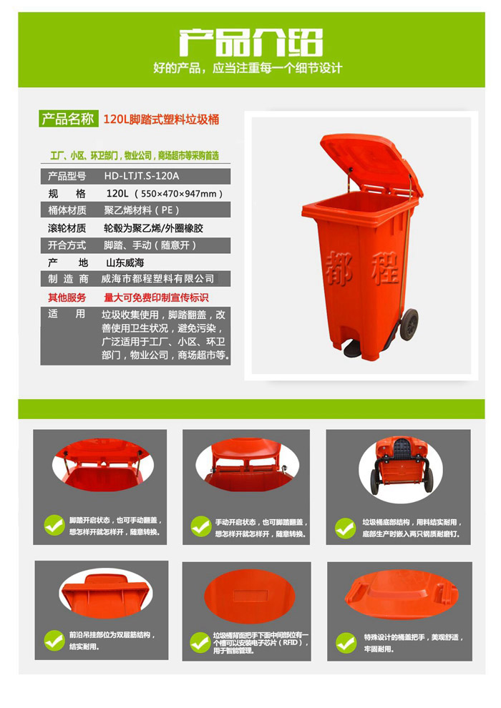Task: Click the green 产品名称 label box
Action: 68,119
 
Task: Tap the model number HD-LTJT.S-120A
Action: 142,175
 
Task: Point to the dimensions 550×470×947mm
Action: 182,194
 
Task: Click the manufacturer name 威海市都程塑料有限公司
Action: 157,280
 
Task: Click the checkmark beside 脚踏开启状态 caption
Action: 54,526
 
